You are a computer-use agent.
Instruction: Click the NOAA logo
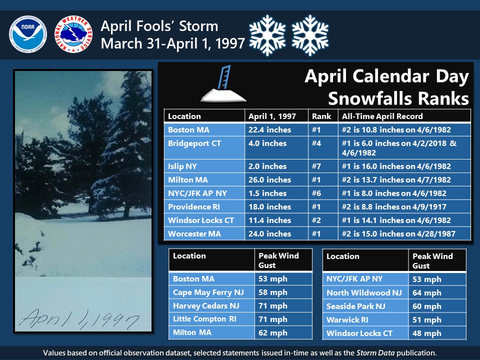point(27,33)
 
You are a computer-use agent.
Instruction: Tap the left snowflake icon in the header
point(266,34)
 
